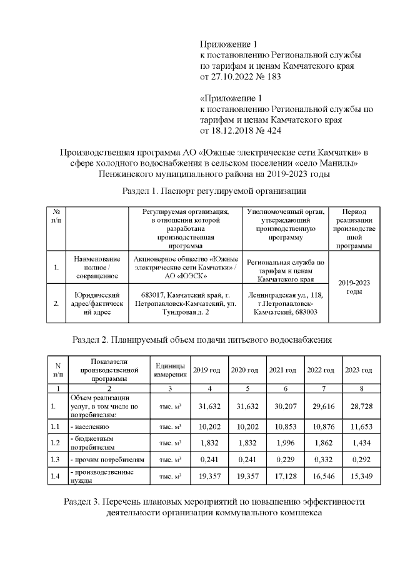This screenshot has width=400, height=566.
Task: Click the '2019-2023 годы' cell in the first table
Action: click(x=354, y=287)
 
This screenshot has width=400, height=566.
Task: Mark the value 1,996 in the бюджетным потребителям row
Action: click(x=284, y=443)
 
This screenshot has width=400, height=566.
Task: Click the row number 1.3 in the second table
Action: click(x=57, y=460)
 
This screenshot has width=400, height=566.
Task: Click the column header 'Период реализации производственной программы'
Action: click(x=354, y=229)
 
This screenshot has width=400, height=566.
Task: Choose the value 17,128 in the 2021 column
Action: click(x=284, y=477)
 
